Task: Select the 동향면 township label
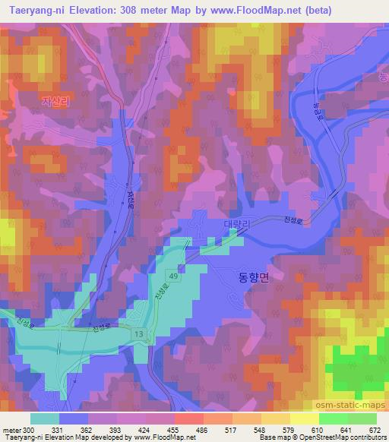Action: point(249,278)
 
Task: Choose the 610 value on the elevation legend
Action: point(323,430)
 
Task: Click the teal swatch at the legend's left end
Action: point(45,418)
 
